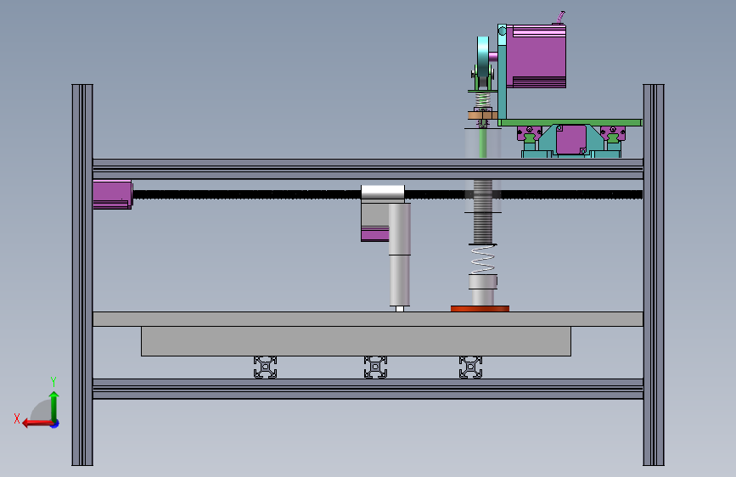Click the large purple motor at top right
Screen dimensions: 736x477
[x=536, y=56]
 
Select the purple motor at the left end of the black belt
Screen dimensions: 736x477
[x=113, y=194]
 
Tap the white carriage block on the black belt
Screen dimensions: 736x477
[x=383, y=193]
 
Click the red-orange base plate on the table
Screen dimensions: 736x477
[x=480, y=308]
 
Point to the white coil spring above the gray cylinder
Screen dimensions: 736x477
[x=482, y=259]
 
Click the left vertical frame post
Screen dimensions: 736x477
[x=82, y=275]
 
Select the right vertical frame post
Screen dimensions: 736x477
[x=654, y=275]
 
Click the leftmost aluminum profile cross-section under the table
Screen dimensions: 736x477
[x=265, y=368]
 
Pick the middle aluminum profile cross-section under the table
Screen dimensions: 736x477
[x=375, y=368]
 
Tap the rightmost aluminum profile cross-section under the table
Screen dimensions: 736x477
[x=471, y=368]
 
